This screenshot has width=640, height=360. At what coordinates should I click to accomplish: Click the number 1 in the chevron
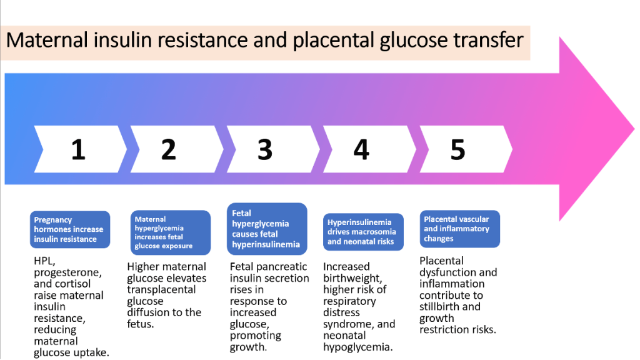coord(78,149)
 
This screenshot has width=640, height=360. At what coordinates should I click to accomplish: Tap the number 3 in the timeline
coord(265,149)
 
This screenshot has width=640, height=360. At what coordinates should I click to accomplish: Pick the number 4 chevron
coord(361,149)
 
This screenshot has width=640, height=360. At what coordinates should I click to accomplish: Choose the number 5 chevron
coord(458,149)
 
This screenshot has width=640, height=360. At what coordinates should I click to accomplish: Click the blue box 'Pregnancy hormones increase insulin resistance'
coord(69,229)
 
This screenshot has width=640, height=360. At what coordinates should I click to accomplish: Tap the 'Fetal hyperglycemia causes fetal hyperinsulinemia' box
coord(267,229)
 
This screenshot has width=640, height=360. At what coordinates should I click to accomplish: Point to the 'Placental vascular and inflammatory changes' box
coord(459,229)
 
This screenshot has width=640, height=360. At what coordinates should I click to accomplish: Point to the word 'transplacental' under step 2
coord(161,289)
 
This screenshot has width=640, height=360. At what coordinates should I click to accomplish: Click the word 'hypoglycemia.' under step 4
coord(357,347)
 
